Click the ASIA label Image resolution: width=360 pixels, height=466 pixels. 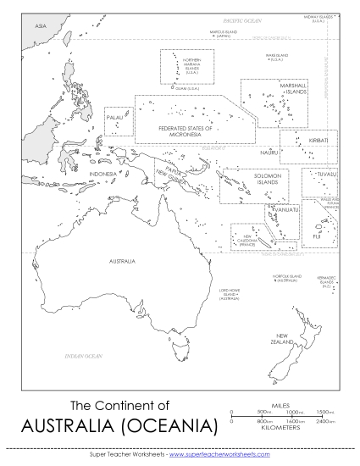(40, 27)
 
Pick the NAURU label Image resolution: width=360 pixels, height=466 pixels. (269, 152)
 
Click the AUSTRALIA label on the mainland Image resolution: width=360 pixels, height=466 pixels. (122, 261)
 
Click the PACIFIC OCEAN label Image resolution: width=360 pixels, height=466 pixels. (240, 18)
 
